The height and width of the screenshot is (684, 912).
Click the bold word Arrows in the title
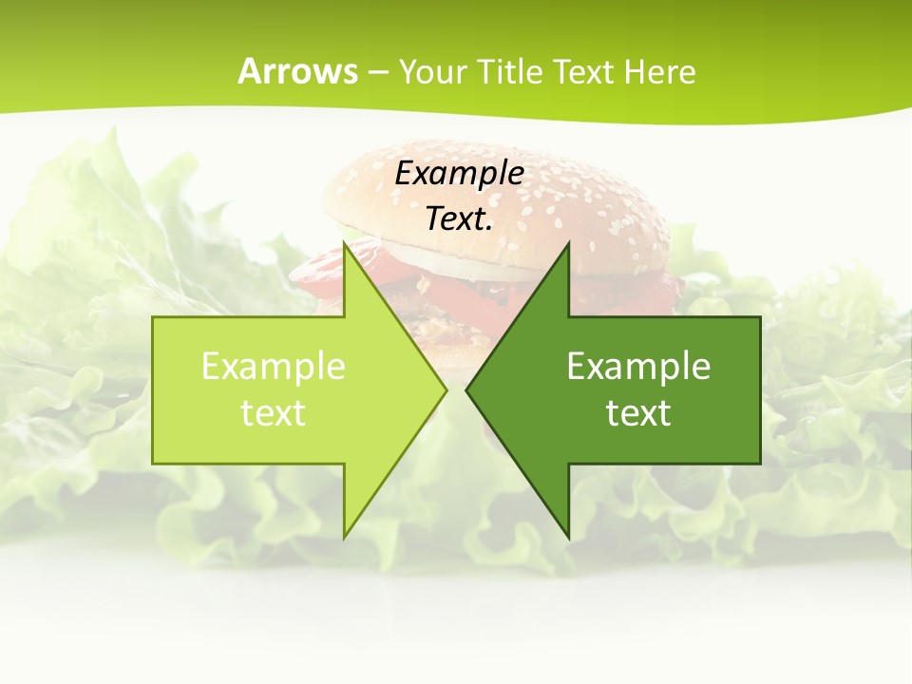[x=297, y=71]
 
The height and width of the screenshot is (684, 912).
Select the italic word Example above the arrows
[x=459, y=173]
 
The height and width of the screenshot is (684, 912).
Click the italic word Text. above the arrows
[x=459, y=218]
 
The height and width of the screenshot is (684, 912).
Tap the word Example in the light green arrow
[x=273, y=366]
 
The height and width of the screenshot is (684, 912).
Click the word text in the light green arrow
[x=273, y=413]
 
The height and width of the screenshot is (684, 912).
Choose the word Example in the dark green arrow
[x=638, y=366]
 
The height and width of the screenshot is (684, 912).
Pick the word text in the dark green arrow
[x=638, y=413]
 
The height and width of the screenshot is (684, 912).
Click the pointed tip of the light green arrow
[x=446, y=389]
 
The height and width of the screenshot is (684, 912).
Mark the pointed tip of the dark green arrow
[x=466, y=389]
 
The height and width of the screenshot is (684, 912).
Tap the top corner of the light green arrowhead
[x=345, y=243]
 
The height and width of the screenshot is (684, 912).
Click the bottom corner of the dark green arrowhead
[x=568, y=538]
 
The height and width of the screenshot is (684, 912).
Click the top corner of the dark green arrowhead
[x=568, y=243]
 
